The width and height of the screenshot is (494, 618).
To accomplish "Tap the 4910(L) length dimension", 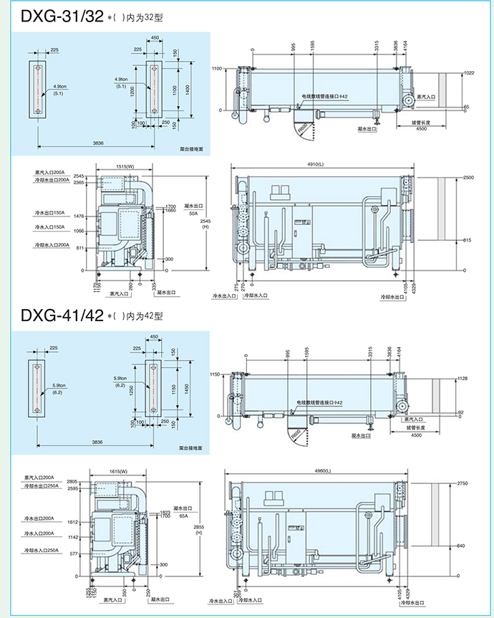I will [324, 165].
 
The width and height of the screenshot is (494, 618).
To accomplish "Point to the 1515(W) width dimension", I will [126, 166].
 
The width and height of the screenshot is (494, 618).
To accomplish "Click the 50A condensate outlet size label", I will [193, 213].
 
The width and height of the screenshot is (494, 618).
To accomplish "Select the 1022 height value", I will [469, 73].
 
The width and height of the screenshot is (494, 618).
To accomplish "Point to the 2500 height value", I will [469, 177].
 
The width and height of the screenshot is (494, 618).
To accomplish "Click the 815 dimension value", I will [468, 239].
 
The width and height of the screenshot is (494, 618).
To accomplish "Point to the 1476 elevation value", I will [79, 217].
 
